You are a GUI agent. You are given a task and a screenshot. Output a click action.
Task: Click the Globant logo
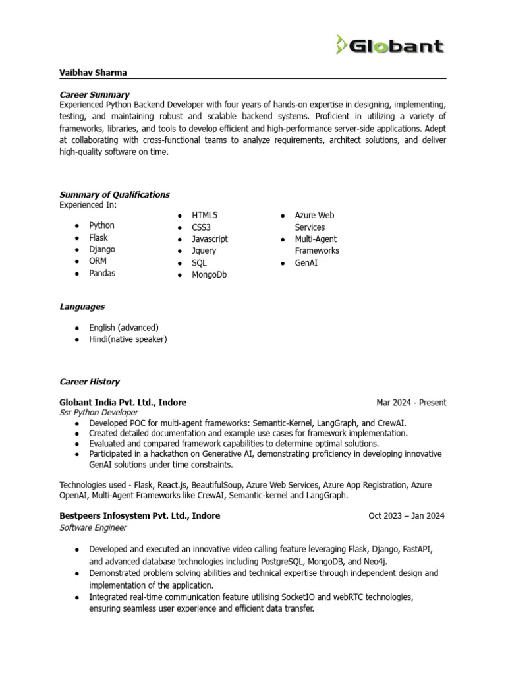tap(389, 45)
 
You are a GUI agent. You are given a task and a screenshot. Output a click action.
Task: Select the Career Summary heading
tap(94, 94)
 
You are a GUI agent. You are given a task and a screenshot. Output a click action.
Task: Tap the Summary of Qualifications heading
tap(114, 194)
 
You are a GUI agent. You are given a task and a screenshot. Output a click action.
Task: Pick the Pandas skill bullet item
tap(102, 273)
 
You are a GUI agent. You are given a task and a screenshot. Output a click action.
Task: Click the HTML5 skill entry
tap(205, 216)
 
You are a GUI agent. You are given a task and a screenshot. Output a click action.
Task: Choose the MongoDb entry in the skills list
tap(209, 274)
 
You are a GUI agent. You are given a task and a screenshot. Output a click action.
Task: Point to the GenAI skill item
tap(306, 263)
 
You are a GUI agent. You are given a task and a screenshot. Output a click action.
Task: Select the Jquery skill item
tap(204, 250)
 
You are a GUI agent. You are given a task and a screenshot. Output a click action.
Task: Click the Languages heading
tap(82, 307)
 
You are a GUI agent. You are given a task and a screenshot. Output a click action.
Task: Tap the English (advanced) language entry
tap(124, 328)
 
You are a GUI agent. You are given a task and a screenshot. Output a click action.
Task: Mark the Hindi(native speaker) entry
tap(128, 339)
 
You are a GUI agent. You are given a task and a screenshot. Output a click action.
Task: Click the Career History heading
tap(90, 382)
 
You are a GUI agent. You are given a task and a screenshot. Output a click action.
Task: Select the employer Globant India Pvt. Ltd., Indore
tap(123, 402)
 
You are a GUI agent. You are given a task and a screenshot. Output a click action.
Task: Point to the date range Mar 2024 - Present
tap(411, 403)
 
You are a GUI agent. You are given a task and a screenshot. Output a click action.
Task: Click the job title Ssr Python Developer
tap(99, 413)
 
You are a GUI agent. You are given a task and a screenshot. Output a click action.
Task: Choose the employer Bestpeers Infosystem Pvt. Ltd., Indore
tap(140, 515)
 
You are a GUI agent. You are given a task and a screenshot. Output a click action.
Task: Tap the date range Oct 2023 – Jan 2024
tap(407, 516)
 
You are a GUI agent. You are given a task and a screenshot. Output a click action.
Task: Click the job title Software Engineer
tap(93, 527)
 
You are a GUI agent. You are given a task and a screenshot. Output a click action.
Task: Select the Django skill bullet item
tap(102, 249)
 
